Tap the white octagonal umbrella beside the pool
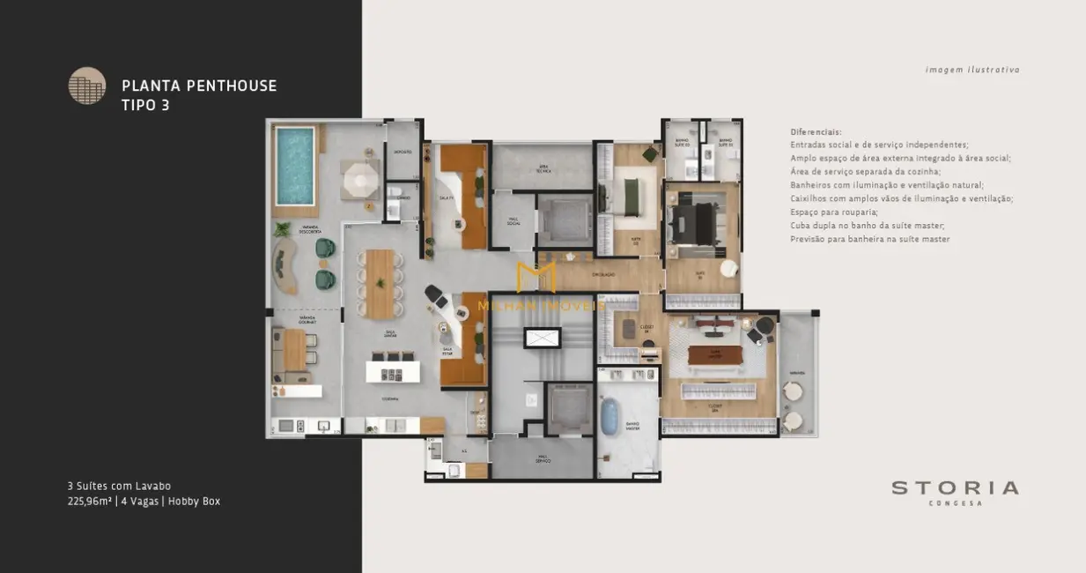(x=359, y=181)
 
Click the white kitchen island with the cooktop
(x=393, y=372)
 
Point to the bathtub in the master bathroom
(x=610, y=415)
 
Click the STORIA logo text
(x=955, y=488)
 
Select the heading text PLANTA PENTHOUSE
(x=199, y=86)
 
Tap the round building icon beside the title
(x=87, y=86)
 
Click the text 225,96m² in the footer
(x=89, y=501)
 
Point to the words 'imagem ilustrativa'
(x=972, y=70)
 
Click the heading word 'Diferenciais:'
(x=816, y=132)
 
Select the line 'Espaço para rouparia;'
(x=833, y=212)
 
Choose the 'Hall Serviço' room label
(x=543, y=458)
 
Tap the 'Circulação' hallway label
(x=602, y=275)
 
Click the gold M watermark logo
(x=536, y=276)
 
